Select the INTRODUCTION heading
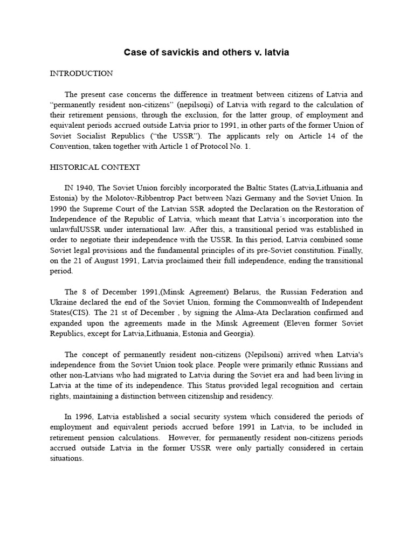pyautogui.click(x=81, y=73)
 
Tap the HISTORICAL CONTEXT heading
pyautogui.click(x=95, y=167)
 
